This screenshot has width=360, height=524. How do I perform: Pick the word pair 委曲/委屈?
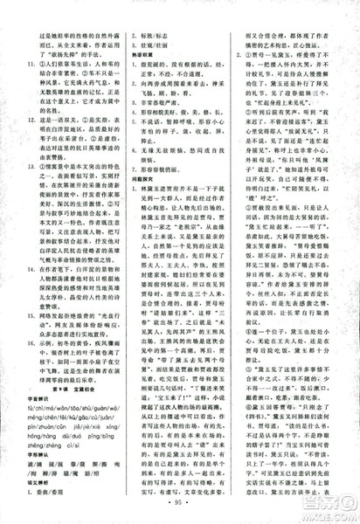68,491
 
